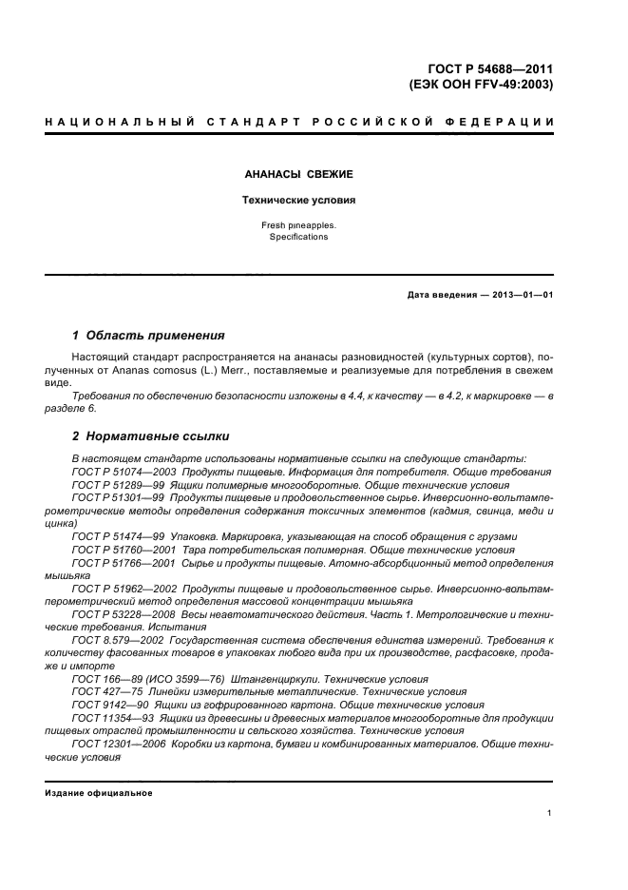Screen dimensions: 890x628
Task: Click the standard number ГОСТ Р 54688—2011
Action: coord(491,68)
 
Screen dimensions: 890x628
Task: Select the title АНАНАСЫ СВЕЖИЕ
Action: coord(299,175)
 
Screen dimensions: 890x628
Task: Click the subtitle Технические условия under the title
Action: coord(298,201)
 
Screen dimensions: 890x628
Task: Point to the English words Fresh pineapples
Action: coord(298,225)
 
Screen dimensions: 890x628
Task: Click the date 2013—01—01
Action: coord(519,294)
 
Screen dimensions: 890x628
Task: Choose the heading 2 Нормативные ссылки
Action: coord(150,436)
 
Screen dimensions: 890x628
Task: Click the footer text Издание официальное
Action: coord(98,792)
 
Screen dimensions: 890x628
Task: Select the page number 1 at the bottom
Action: coord(550,814)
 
